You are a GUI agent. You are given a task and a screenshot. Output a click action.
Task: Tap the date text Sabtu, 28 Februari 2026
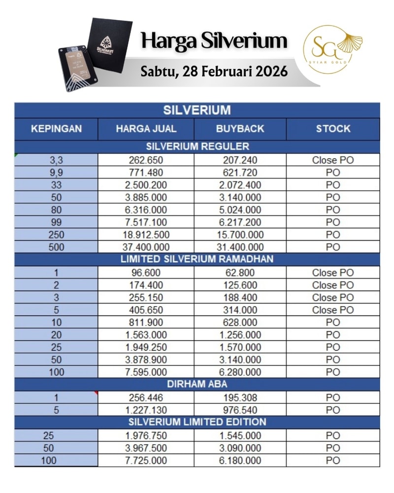(214, 71)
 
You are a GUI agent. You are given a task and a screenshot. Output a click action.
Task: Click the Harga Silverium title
(213, 40)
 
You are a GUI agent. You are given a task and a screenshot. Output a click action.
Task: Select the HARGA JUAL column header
(146, 129)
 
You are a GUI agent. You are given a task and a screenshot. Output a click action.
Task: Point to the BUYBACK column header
(240, 129)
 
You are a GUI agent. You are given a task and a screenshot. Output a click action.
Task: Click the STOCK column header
(333, 129)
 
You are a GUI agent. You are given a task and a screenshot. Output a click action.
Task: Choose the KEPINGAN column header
(56, 129)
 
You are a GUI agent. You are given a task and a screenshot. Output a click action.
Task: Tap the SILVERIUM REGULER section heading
(197, 146)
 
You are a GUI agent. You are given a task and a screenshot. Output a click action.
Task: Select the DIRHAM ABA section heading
(197, 385)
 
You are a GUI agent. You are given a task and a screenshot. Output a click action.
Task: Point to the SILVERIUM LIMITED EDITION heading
(197, 422)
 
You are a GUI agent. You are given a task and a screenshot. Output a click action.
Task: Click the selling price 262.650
(146, 160)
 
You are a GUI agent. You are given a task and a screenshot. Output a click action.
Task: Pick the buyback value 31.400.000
(240, 247)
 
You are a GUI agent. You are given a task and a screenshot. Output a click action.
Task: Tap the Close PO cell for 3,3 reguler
(333, 160)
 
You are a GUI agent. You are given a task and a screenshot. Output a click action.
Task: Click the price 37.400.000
(146, 247)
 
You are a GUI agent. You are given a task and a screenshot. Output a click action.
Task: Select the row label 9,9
(56, 173)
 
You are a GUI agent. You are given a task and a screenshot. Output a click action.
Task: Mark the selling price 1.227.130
(146, 410)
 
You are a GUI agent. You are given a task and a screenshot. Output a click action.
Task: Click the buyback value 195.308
(240, 397)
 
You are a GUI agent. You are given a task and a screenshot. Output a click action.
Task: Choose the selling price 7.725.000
(146, 460)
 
